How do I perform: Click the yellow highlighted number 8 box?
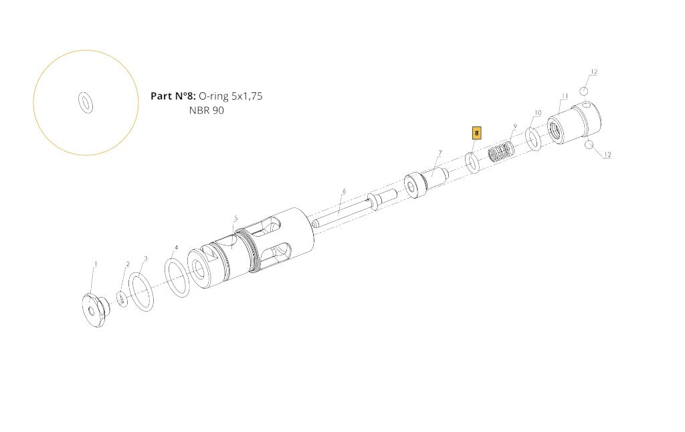click(476, 133)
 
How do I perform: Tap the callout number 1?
click(96, 264)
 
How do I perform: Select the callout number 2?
click(128, 264)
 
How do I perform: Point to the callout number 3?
click(146, 258)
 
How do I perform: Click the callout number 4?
click(177, 247)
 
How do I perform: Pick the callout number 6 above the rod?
click(345, 191)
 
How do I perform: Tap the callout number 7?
click(440, 153)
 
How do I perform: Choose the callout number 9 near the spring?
click(515, 126)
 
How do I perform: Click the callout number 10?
click(539, 113)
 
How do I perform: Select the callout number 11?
click(565, 96)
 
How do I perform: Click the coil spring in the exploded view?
click(502, 151)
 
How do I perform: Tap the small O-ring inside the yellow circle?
click(86, 102)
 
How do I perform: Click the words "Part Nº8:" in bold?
click(173, 96)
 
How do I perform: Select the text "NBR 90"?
click(207, 110)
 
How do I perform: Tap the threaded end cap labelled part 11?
click(574, 123)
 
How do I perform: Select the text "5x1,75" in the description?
click(247, 96)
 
